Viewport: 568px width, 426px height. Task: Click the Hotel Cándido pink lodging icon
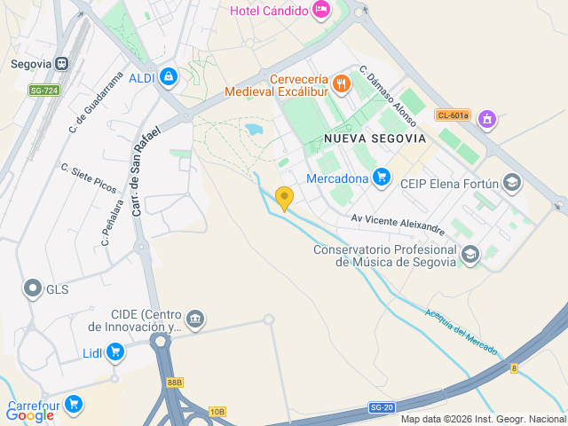pos(321,11)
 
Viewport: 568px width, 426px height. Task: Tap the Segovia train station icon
pos(61,64)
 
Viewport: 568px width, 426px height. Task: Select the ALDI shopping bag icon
pos(169,77)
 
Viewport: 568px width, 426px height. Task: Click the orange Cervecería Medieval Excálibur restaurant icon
pos(342,84)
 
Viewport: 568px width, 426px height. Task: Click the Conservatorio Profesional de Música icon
pos(470,255)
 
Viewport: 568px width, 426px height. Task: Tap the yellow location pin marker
pos(284,198)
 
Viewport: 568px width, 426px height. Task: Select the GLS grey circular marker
pos(34,288)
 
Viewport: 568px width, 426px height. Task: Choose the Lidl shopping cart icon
pos(114,352)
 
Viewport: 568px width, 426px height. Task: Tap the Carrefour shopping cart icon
pos(73,404)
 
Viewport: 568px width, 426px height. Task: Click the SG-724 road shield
pos(43,91)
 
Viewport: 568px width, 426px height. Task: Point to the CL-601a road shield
pos(453,114)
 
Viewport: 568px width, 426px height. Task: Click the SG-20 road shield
pos(382,407)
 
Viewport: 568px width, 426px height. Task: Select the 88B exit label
pos(174,383)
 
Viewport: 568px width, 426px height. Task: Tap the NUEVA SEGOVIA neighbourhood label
pos(375,138)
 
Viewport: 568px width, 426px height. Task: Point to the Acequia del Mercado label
pos(461,332)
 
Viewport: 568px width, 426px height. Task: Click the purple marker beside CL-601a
pos(486,118)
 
